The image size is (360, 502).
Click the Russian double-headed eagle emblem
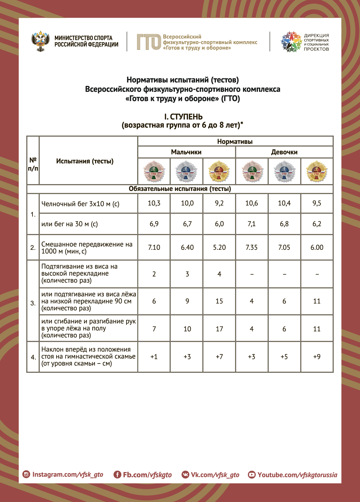41,41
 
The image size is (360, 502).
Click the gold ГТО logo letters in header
149,42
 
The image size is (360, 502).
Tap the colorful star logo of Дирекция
291,42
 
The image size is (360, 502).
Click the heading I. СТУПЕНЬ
183,117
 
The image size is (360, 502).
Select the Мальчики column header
186,152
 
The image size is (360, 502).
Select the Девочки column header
284,152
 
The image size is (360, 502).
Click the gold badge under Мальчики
219,171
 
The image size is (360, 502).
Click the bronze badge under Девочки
252,171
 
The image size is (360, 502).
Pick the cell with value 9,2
219,203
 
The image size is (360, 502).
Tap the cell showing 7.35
251,248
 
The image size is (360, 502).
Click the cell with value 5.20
219,248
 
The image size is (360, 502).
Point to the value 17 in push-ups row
219,329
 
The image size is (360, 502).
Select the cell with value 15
219,301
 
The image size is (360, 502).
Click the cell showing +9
317,357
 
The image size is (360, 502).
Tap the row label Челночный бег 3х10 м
80,204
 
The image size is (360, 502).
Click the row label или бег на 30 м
70,224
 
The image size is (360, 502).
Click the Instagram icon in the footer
26,474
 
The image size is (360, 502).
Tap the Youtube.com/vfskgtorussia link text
297,475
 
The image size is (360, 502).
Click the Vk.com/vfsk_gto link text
215,475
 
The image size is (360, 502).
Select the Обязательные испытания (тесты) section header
180,189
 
